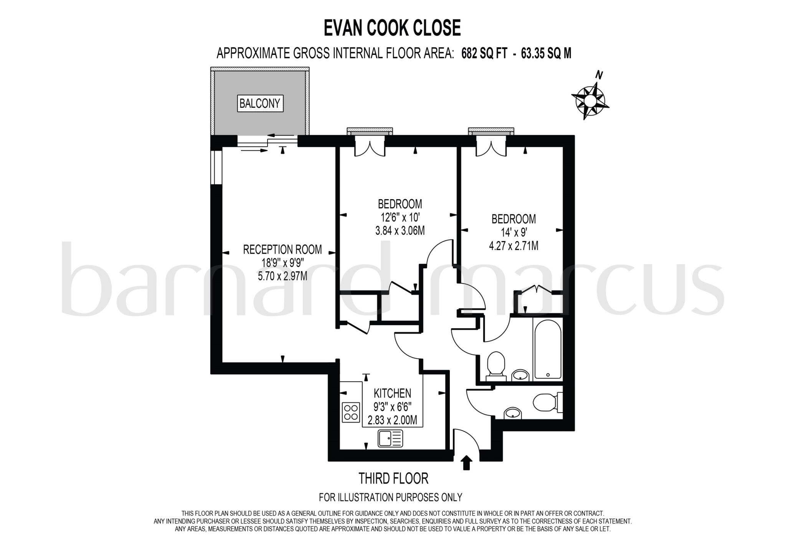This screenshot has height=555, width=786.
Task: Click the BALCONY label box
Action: click(260, 103)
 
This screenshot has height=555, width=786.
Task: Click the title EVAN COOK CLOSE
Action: click(392, 28)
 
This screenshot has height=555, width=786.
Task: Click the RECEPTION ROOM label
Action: click(282, 249)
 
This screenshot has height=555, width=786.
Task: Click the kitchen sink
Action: click(390, 438)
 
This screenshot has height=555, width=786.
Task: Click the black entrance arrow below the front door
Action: click(466, 463)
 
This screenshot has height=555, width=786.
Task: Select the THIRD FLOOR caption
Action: click(393, 478)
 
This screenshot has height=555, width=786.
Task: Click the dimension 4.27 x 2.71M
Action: click(514, 246)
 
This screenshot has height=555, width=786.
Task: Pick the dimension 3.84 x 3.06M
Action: click(400, 231)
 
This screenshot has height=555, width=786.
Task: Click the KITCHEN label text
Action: click(392, 393)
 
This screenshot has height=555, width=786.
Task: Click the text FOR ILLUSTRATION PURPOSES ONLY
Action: click(390, 497)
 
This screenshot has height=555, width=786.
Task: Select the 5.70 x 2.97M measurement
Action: click(282, 276)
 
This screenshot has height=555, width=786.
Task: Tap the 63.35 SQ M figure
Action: click(546, 54)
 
